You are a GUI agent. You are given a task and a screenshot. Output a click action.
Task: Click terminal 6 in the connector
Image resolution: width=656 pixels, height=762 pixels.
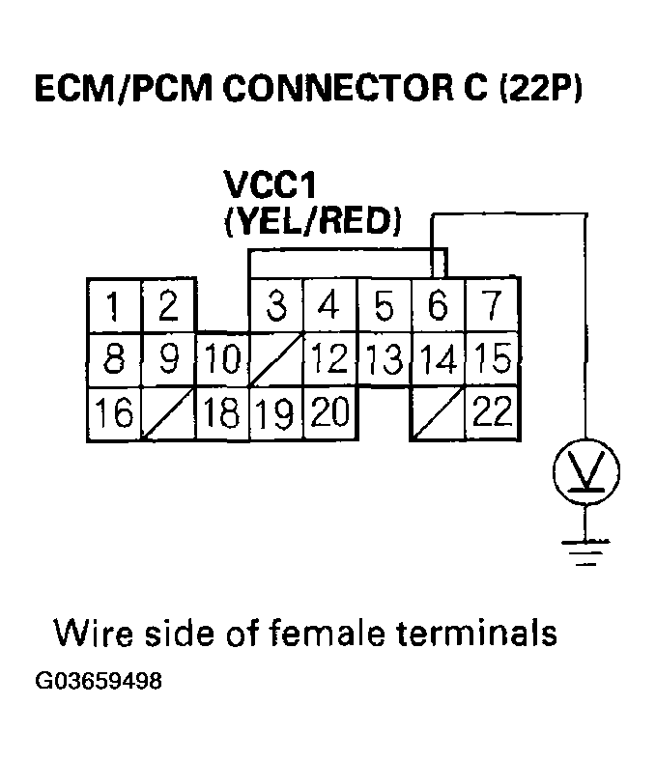point(439,306)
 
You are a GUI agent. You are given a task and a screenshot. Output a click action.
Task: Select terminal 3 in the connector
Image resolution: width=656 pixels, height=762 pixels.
point(277,306)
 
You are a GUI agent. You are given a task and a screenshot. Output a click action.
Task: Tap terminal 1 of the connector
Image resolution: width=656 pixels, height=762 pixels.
point(114,306)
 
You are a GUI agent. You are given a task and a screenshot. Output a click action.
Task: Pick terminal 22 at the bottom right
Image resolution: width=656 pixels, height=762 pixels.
point(492,413)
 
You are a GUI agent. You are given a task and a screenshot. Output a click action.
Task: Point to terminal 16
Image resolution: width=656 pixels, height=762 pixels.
point(114,413)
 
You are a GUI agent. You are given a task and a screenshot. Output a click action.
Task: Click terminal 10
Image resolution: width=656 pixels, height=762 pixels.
point(222,360)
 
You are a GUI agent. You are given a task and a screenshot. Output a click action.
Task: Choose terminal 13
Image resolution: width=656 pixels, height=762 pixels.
point(385,360)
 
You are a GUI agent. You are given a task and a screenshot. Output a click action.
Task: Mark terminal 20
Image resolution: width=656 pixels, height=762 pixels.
point(330,413)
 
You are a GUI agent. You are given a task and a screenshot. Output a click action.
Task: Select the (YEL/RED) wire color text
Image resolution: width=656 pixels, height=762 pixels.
point(311,221)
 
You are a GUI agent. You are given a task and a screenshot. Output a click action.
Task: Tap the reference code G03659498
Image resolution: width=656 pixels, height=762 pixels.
point(99,681)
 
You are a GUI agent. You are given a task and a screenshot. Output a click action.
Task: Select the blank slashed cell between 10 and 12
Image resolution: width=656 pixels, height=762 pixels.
point(277,360)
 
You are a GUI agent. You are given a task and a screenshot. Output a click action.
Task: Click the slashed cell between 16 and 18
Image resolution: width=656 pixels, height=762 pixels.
point(168,413)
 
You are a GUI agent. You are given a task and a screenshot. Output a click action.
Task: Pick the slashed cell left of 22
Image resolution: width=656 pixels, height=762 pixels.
point(439,413)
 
